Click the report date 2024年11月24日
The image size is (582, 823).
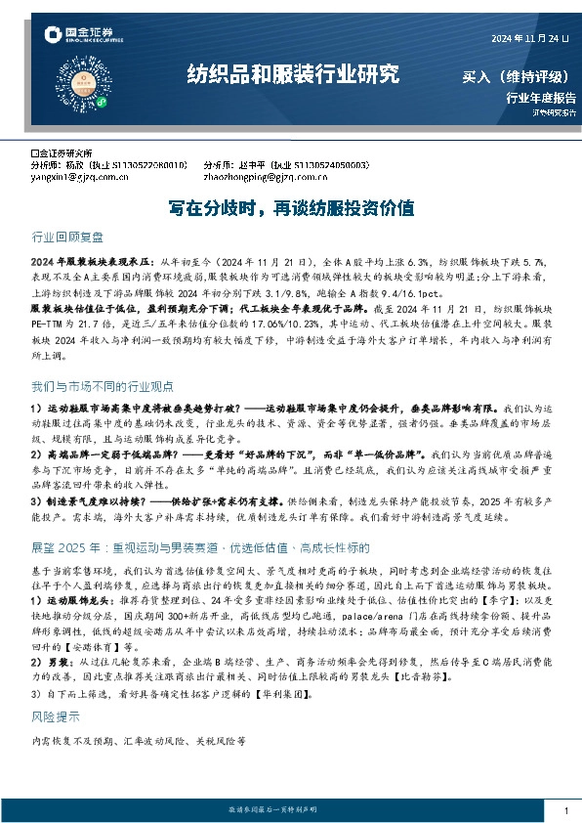(526, 39)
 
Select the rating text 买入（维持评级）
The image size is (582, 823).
(519, 77)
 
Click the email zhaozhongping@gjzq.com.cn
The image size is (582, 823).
(258, 179)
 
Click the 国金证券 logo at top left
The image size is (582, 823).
(79, 36)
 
